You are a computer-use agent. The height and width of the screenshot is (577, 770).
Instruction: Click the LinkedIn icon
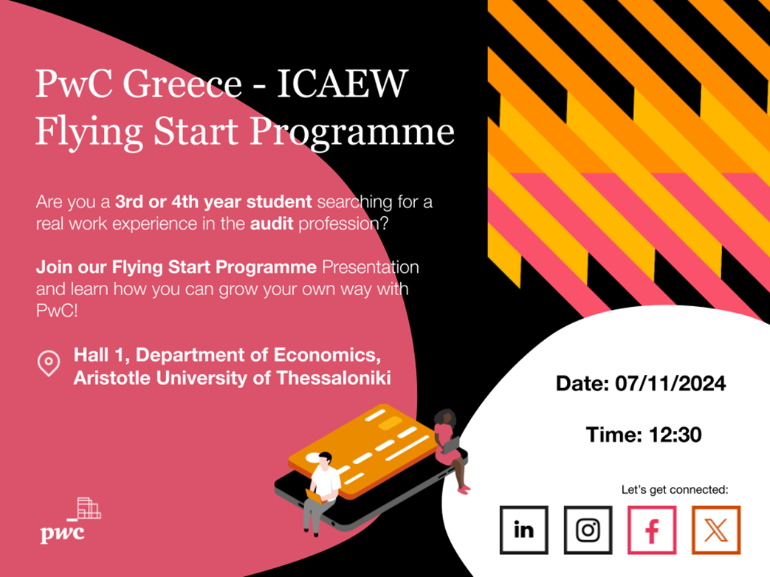[x=523, y=530]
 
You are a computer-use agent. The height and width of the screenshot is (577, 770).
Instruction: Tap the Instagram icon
[x=588, y=530]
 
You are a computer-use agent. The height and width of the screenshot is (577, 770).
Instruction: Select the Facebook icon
[x=652, y=530]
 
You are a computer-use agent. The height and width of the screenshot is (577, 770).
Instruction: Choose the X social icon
[x=716, y=530]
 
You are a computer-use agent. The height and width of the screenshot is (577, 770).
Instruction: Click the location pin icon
[x=49, y=364]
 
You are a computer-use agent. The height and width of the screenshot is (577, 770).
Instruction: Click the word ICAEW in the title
[x=343, y=83]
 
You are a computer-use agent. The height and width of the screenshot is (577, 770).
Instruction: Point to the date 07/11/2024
[x=670, y=384]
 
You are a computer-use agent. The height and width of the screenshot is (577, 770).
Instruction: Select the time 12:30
[x=676, y=435]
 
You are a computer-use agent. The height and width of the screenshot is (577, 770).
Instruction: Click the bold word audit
[x=272, y=224]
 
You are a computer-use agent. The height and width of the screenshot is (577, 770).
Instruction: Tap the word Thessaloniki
[x=334, y=378]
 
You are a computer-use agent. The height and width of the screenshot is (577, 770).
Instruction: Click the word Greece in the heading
[x=182, y=83]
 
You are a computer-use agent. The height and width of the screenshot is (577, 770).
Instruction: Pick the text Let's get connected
[x=675, y=490]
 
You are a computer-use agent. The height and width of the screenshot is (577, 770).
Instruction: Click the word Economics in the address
[x=326, y=355]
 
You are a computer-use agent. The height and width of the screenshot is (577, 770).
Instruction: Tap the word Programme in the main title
[x=352, y=133]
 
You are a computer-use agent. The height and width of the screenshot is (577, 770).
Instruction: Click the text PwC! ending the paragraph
[x=57, y=311]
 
